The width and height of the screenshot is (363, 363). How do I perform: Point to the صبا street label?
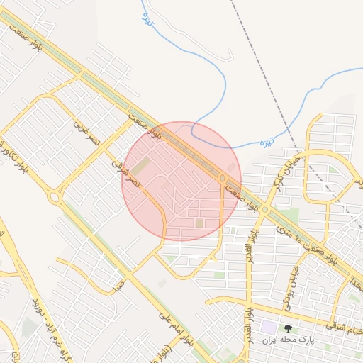118,286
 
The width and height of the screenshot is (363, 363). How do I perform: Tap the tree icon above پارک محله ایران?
288,328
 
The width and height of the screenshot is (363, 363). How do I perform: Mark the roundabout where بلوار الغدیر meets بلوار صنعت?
265,210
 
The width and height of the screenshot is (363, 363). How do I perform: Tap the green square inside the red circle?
199,224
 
